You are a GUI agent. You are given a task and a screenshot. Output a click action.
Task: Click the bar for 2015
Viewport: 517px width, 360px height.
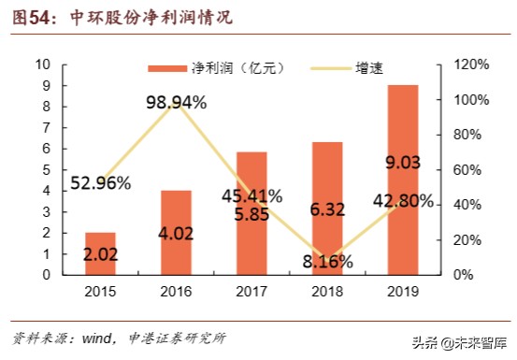(x=100, y=253)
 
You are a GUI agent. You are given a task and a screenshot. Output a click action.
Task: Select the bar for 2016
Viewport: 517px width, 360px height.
(x=176, y=233)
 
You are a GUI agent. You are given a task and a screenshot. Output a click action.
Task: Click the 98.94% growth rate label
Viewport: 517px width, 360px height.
(x=176, y=103)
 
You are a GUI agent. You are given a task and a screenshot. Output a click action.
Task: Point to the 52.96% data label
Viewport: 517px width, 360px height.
(x=100, y=182)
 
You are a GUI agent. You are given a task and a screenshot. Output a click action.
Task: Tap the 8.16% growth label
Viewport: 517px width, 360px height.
(x=327, y=263)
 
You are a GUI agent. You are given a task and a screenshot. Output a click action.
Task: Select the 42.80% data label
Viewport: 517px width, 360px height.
(x=403, y=201)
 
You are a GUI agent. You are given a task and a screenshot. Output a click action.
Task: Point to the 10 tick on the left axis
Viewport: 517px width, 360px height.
(x=43, y=65)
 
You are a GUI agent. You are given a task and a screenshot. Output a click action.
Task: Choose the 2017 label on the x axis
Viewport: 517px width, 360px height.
(x=251, y=291)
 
